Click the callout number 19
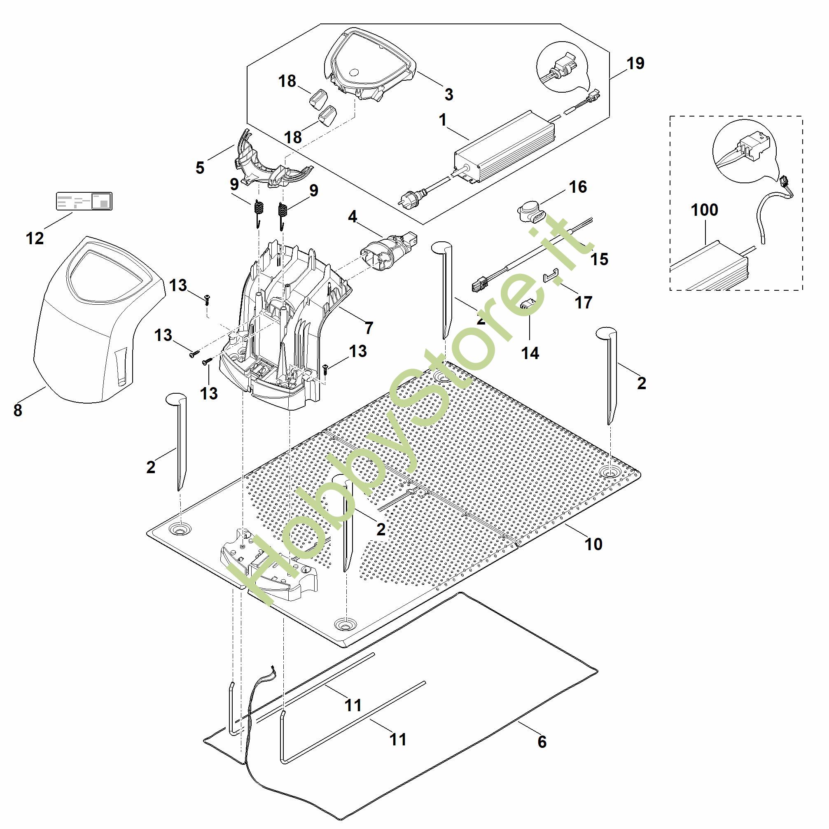tap(635, 63)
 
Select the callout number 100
tap(704, 210)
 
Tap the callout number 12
tap(35, 238)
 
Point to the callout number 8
tap(18, 411)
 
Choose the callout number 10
tap(593, 544)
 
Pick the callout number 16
tap(577, 187)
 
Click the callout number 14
tap(530, 353)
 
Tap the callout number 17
tap(584, 303)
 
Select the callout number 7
tap(369, 328)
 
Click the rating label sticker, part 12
tap(84, 201)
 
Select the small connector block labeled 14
tap(527, 305)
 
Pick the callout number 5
tap(200, 168)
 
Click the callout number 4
tap(352, 217)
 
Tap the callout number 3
tap(449, 94)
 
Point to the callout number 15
tap(599, 259)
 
